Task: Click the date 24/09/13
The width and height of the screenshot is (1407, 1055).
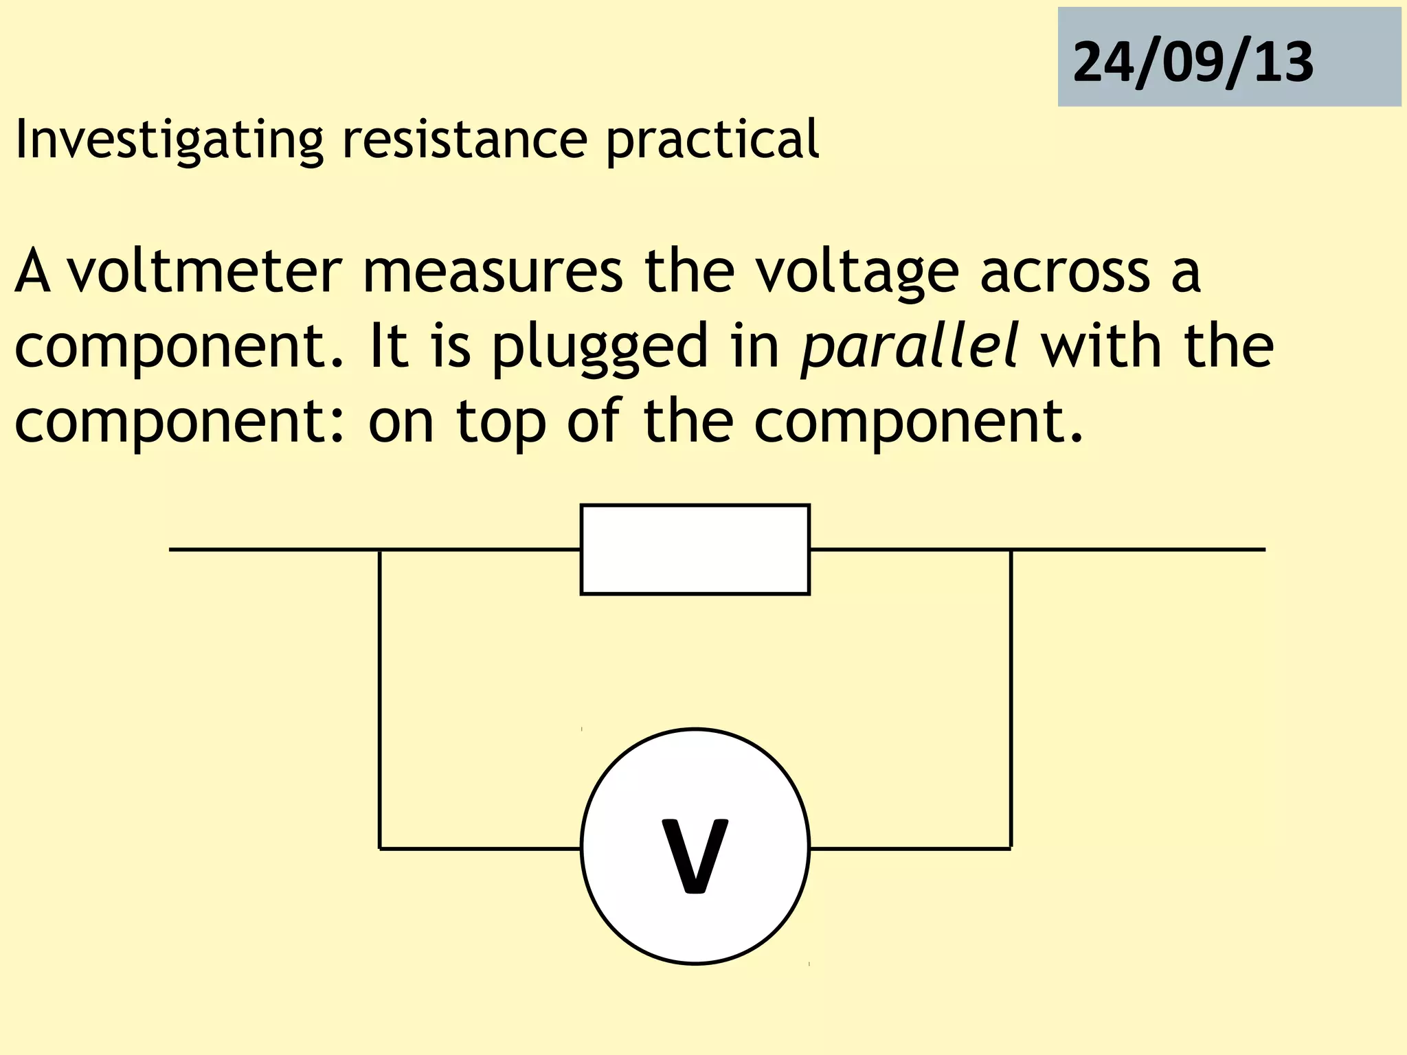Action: (1193, 62)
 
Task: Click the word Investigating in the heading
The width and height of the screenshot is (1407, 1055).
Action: (168, 139)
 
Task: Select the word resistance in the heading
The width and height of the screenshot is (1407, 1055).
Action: (464, 139)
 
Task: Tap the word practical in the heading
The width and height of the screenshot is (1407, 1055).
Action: (712, 139)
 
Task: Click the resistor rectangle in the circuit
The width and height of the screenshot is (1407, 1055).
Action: (695, 549)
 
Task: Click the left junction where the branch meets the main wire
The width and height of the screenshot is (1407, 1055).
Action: (379, 549)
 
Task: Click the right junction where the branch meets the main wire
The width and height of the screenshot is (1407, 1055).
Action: (1011, 549)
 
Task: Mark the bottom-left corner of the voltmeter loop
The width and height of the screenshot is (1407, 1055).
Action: (379, 848)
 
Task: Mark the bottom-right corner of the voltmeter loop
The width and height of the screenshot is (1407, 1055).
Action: (1011, 848)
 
